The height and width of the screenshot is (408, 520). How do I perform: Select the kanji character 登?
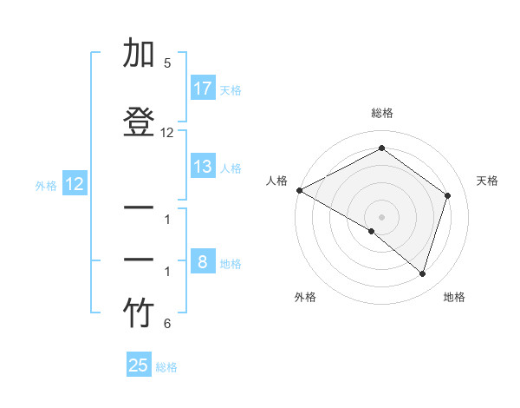coord(139,122)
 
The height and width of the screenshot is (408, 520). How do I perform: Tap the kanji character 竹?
coord(139,313)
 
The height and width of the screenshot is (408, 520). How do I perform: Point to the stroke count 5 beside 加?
coord(167,63)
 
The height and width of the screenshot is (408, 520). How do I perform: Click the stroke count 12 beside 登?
coord(167,133)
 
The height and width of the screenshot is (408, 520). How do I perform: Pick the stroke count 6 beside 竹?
coord(167,324)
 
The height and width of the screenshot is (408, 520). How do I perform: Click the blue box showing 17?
coord(203,89)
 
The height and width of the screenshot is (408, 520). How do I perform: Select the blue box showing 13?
coord(203,167)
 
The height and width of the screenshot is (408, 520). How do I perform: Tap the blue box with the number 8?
coord(203,262)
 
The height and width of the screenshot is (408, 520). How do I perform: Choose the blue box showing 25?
coord(139,365)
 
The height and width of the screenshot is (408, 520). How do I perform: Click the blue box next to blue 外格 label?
coord(74,183)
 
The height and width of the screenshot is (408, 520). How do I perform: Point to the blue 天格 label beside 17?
coord(231,89)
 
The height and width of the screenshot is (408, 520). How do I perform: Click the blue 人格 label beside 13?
coord(231,168)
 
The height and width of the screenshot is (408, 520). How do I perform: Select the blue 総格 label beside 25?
coord(166,366)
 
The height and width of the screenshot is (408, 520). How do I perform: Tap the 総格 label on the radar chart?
coord(381,113)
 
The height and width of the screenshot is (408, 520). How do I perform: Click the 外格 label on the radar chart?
coord(305,297)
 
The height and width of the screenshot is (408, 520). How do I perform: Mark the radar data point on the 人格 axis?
coord(299,190)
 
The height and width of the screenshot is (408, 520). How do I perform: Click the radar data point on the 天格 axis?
coord(447,195)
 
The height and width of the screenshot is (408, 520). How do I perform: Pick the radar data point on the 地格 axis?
coord(422,273)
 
